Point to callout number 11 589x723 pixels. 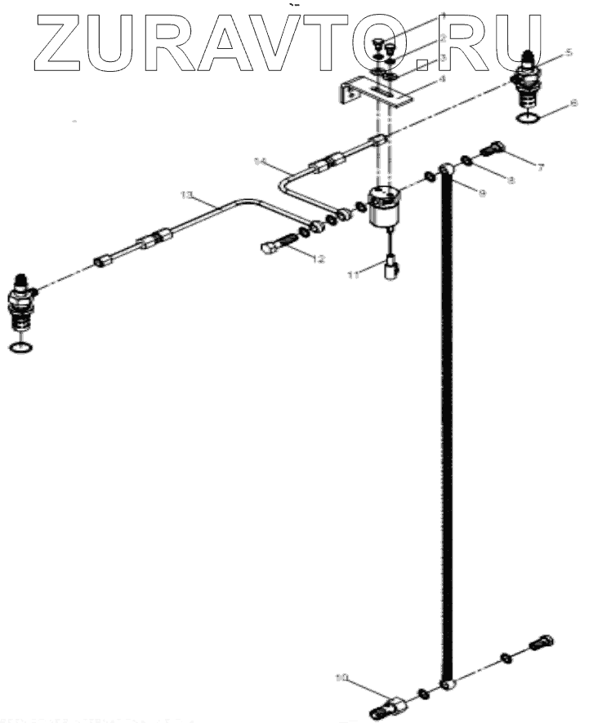click(352, 276)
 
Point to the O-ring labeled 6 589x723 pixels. click(529, 122)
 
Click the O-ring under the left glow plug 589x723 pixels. click(21, 348)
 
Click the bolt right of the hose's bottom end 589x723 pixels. click(543, 644)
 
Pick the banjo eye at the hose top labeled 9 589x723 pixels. click(446, 170)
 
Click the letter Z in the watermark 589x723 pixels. click(62, 42)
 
